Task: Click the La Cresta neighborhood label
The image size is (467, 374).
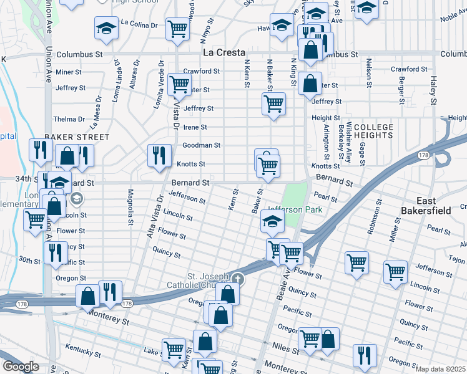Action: click(225, 53)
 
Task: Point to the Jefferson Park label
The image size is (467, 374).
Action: click(295, 209)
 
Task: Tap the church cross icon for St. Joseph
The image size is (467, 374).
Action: click(237, 278)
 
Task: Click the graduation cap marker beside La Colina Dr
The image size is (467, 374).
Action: click(106, 29)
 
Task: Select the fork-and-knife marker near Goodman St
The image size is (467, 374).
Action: click(159, 155)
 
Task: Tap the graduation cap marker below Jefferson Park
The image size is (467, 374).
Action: click(272, 221)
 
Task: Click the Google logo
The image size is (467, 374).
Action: click(21, 367)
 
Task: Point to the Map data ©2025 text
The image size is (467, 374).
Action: click(441, 369)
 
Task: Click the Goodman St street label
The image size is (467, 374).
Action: click(201, 145)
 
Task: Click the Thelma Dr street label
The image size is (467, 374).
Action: click(69, 119)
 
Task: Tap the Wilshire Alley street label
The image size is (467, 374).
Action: click(349, 143)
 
